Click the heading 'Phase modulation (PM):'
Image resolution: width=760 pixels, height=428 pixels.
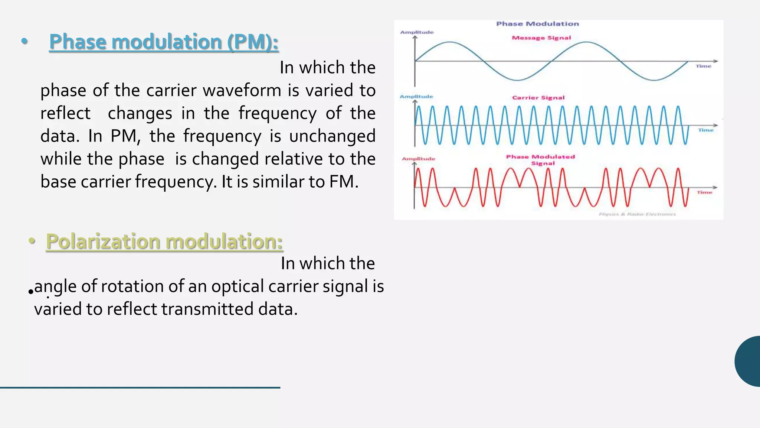[x=164, y=42]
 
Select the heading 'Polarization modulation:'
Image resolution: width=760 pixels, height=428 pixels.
[x=164, y=241]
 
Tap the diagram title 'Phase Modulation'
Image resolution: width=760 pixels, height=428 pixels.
[x=537, y=24]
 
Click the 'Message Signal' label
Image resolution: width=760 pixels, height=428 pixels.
[x=541, y=38]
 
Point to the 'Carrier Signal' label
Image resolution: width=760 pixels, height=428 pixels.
[x=538, y=98]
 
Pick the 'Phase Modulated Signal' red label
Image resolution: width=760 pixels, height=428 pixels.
[x=541, y=160]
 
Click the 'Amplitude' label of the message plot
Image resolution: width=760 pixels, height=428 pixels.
[x=417, y=32]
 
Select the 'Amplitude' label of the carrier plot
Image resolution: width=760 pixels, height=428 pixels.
[x=416, y=97]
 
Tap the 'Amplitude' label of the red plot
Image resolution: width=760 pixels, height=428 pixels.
[x=419, y=159]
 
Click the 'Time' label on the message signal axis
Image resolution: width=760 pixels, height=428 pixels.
[x=703, y=66]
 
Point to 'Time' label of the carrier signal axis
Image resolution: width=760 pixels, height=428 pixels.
[x=706, y=130]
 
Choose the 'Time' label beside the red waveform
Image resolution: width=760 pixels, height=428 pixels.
[x=704, y=192]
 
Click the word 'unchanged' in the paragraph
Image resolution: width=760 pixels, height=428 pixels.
[x=332, y=136]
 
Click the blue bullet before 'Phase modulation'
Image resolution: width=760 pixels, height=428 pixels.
[x=24, y=41]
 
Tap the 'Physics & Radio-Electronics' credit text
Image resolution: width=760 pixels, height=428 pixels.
[x=637, y=214]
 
